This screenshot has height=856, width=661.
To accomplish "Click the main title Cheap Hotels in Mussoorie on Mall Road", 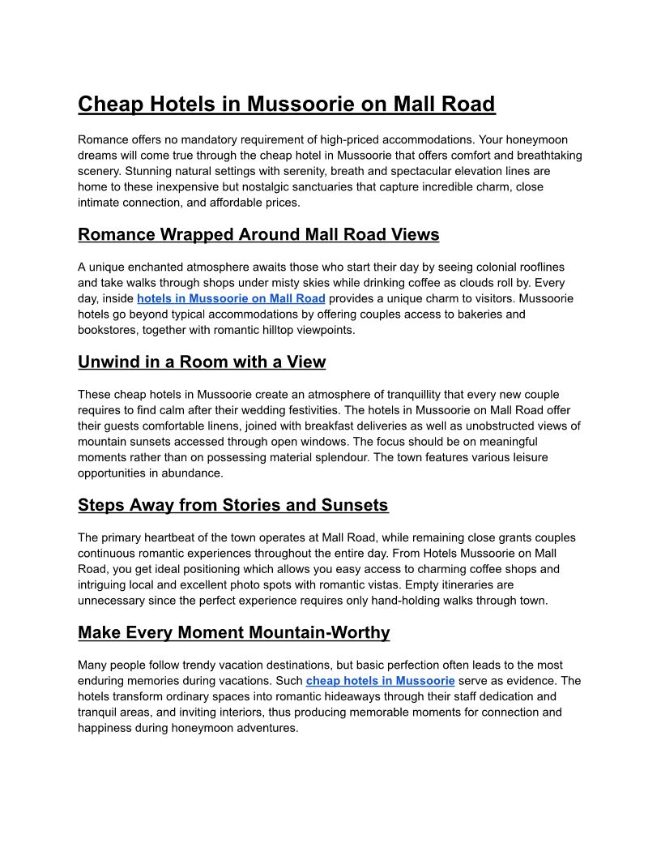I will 286,105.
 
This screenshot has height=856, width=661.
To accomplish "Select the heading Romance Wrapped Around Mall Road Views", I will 258,235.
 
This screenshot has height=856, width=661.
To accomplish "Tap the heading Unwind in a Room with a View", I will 202,362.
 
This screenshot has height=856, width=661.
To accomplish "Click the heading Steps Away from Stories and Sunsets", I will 232,506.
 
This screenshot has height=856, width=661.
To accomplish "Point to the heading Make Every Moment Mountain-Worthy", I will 233,632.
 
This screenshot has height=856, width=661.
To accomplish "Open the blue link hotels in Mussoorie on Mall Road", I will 231,298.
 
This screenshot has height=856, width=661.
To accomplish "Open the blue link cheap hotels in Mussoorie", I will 380,681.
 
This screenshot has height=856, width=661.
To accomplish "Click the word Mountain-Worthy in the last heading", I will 319,632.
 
